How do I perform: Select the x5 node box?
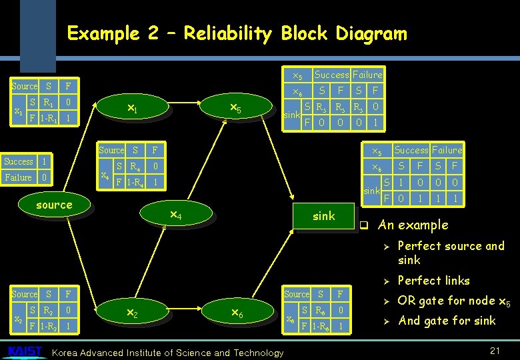235,108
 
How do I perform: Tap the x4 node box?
175,215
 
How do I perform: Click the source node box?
55,205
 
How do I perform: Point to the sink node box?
324,216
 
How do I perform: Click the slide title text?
237,33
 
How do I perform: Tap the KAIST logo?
25,351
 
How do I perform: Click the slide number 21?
495,351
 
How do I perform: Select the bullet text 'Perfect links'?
433,281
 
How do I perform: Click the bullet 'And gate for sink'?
447,321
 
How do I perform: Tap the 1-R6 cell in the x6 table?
317,327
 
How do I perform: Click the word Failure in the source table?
18,177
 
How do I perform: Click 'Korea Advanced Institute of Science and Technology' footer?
167,353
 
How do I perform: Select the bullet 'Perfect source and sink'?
451,253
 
